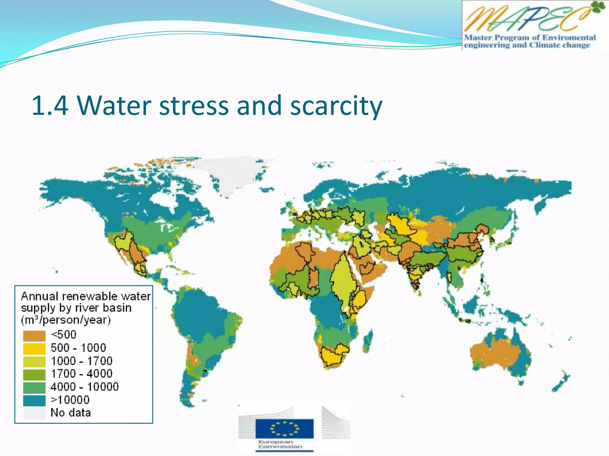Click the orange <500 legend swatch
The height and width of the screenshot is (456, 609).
[34, 336]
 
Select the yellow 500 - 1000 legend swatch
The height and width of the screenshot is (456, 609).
[34, 349]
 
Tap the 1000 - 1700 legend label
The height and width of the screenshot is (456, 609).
[81, 361]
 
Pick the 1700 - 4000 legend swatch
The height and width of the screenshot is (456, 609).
[34, 374]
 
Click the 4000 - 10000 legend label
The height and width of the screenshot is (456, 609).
[84, 387]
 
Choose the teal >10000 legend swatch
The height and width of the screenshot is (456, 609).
[34, 400]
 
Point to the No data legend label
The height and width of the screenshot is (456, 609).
[70, 413]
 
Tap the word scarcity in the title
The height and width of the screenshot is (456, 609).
[336, 106]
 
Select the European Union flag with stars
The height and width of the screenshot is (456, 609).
[284, 428]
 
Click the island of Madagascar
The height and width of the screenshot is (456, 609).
[368, 341]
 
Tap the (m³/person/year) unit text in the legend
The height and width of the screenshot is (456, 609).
[66, 320]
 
